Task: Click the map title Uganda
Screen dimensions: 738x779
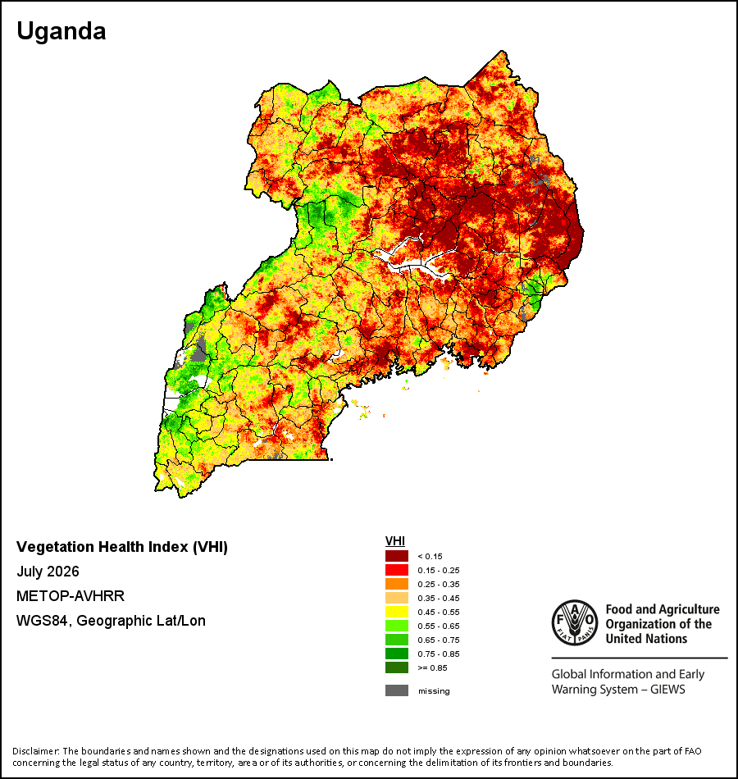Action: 61,32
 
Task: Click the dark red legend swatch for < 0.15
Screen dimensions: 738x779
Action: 397,556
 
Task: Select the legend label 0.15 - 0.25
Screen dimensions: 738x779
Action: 439,571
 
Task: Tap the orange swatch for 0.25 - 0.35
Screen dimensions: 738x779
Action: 397,584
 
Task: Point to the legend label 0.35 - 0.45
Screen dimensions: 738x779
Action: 439,598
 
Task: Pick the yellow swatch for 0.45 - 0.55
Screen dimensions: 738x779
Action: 397,612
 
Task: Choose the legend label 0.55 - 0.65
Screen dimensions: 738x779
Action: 439,626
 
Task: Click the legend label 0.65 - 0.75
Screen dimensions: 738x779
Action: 439,640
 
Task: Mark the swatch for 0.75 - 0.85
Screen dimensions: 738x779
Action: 397,654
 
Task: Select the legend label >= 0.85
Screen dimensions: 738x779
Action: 432,667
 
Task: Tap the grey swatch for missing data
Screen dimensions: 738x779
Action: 397,690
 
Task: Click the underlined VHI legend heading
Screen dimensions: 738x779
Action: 395,541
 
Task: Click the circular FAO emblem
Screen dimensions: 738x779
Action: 575,622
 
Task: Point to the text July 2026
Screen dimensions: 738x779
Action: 48,572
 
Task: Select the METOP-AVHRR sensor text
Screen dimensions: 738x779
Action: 71,595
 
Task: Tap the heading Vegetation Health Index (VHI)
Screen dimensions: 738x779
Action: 122,547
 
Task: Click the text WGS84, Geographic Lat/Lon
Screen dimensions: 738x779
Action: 111,621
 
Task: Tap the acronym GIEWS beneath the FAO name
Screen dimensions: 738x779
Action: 667,690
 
